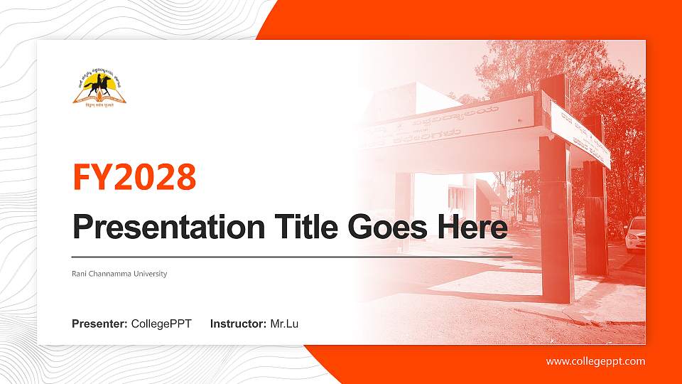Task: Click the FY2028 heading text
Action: pos(134,177)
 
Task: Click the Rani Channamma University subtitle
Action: pos(119,274)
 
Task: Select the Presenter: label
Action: pos(99,324)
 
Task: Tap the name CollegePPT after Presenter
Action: pos(161,324)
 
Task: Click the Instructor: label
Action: pos(239,324)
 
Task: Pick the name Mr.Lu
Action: pos(284,324)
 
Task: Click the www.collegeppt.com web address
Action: pos(595,361)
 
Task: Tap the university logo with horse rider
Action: pos(99,87)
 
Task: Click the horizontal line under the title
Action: pos(291,256)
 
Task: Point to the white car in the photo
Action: pos(636,235)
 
